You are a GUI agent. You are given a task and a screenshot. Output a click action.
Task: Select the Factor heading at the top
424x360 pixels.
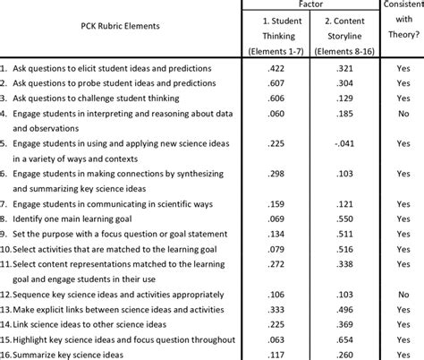[x=302, y=5]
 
